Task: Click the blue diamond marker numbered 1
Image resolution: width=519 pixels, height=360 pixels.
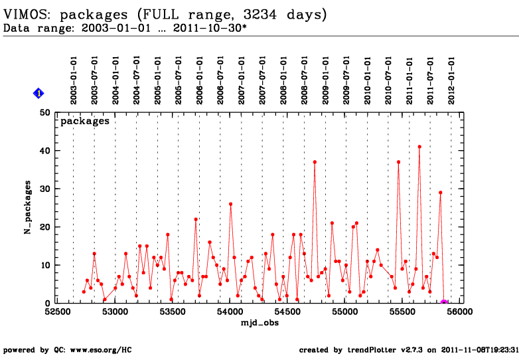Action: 38,94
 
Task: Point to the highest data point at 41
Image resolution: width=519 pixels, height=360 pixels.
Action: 419,147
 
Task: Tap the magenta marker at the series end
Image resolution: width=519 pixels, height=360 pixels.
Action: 444,303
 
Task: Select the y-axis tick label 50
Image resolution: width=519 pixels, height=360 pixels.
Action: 46,112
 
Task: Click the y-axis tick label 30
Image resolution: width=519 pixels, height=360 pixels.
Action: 46,189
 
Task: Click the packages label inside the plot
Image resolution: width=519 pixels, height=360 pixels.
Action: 85,122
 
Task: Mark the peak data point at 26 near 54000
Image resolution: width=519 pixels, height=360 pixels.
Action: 230,204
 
